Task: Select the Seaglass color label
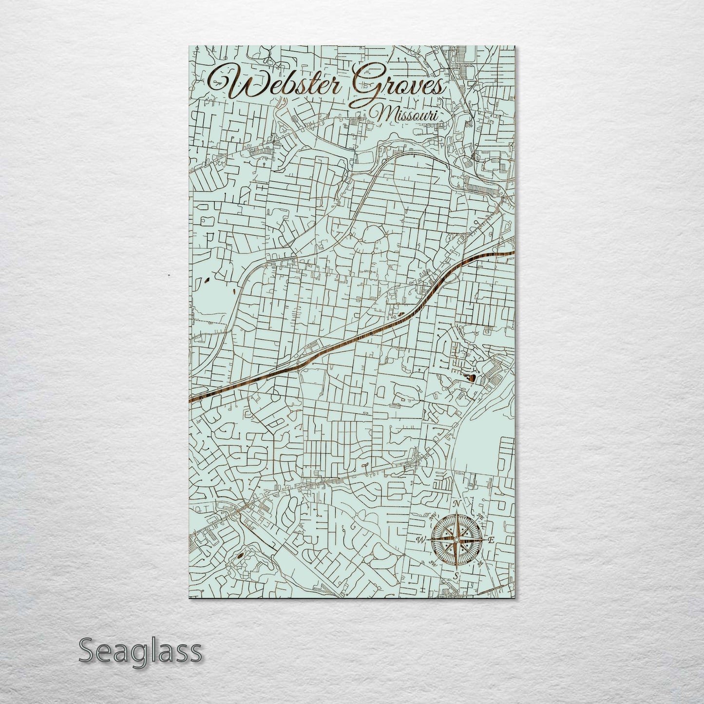[140, 651]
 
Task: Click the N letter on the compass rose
[457, 504]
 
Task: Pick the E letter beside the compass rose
[491, 540]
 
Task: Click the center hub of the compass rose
[456, 540]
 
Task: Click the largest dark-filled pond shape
[472, 377]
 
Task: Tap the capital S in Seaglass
[86, 651]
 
